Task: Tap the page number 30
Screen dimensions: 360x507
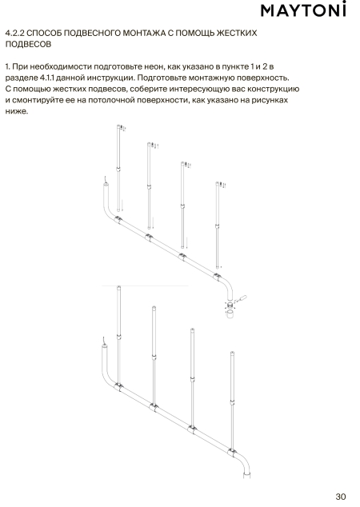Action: (341, 497)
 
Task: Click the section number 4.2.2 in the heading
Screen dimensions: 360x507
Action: (15, 33)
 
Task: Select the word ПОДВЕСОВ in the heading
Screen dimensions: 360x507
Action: (28, 44)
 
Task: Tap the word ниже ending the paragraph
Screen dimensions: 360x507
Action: (16, 111)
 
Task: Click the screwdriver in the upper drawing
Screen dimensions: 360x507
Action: (241, 298)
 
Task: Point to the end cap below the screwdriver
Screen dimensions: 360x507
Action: (230, 314)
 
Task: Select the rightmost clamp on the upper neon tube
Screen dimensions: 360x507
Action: (217, 277)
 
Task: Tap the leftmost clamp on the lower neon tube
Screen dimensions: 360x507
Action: (118, 386)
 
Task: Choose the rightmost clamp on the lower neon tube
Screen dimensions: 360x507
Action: (232, 453)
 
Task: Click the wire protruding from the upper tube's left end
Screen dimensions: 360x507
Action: (105, 179)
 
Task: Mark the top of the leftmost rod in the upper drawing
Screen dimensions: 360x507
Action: (118, 126)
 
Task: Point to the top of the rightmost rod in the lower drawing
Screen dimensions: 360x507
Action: (232, 352)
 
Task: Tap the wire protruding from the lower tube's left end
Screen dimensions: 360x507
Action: (103, 341)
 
